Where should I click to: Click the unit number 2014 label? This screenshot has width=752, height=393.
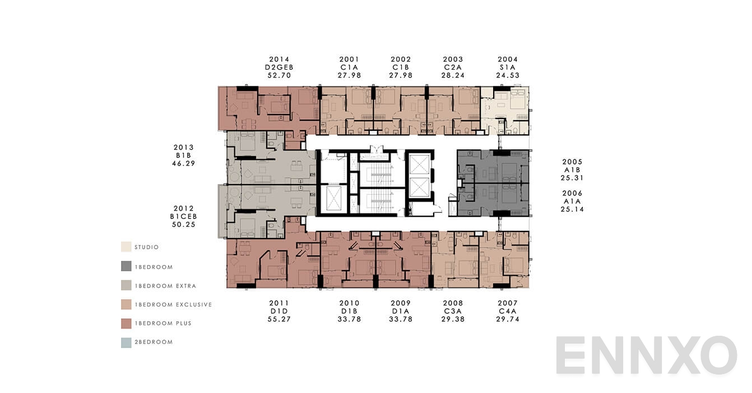click(x=279, y=59)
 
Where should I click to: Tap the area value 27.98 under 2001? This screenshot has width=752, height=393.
click(x=349, y=75)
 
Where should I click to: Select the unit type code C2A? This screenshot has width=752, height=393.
click(x=453, y=67)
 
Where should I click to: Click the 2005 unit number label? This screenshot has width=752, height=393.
click(x=572, y=162)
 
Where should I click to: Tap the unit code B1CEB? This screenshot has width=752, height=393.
click(x=184, y=216)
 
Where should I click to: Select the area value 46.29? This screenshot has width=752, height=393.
click(x=184, y=164)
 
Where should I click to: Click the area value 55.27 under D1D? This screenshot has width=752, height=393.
click(x=279, y=319)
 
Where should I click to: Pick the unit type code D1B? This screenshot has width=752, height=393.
click(x=349, y=311)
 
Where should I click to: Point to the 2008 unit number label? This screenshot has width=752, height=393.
click(x=453, y=303)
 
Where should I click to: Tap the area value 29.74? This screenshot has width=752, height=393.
click(x=508, y=319)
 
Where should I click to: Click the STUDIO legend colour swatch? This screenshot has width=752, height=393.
click(x=126, y=247)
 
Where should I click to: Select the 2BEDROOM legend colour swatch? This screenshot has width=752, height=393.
click(x=126, y=342)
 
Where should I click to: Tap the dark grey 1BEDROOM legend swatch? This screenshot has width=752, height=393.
click(x=126, y=267)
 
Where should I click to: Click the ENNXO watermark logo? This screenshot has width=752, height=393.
click(x=646, y=355)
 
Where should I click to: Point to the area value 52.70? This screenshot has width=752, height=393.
click(x=279, y=75)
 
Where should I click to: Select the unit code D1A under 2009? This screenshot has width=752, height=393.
click(x=401, y=311)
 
